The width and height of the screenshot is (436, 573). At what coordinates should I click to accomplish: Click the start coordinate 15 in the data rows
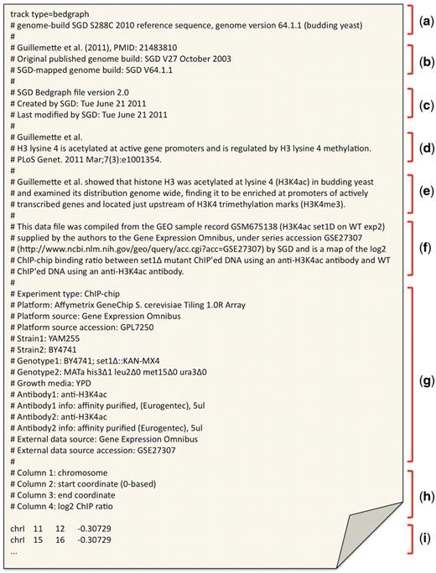click(39, 542)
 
